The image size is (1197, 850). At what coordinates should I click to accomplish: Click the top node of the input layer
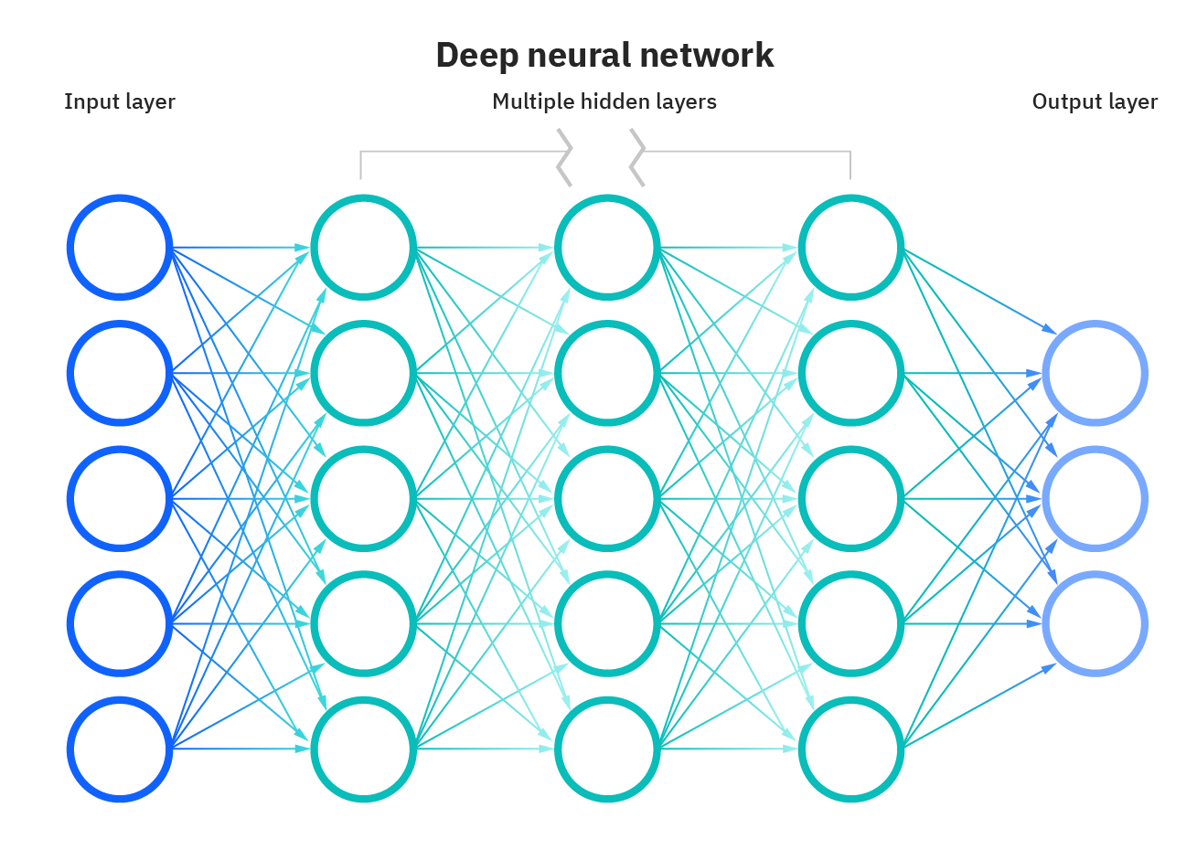pos(120,247)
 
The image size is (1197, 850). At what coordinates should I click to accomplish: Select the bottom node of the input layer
pos(120,749)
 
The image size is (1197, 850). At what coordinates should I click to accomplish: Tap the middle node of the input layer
pos(120,498)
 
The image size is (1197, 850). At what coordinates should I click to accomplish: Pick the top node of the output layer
pos(1095,373)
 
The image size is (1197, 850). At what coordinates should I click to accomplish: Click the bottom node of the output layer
pos(1095,624)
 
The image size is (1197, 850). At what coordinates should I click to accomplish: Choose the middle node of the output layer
pos(1095,498)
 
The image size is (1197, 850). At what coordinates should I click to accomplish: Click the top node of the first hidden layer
pos(363,247)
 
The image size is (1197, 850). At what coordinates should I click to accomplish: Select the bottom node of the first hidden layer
pos(363,749)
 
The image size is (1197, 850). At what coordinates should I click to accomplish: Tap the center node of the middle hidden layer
pos(607,498)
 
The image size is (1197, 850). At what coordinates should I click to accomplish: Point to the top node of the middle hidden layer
pos(607,247)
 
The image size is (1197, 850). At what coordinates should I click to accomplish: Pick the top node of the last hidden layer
pos(850,247)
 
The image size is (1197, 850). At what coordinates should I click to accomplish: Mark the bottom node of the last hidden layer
pos(850,749)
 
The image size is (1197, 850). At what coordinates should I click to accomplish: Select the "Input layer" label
pos(119,101)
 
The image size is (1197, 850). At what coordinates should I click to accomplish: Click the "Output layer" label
pos(1095,101)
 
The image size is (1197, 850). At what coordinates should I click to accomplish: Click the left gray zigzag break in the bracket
pos(565,157)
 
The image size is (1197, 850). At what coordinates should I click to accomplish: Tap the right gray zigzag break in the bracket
pos(637,157)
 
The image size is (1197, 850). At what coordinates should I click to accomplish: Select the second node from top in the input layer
pos(120,373)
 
